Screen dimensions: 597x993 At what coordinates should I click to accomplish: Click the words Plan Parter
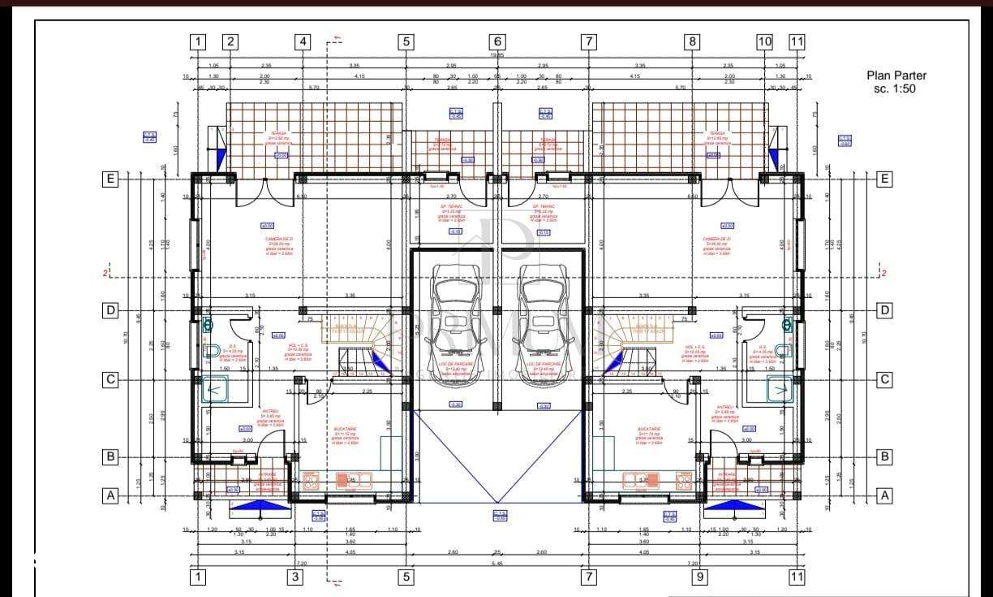coord(896,76)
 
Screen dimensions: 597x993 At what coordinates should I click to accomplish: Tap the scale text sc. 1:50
coord(895,89)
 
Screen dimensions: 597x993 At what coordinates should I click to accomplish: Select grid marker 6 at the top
coord(498,41)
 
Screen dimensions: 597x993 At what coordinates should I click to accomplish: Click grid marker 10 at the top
coord(764,41)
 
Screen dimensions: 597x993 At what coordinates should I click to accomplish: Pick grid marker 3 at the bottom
coord(295,577)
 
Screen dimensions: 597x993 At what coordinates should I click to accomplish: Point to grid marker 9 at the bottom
coord(699,577)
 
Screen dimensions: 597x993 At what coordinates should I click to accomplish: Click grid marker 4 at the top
coord(303,41)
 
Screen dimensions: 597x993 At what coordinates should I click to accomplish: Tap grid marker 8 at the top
coord(691,41)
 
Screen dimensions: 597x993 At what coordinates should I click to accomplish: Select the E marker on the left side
coord(110,180)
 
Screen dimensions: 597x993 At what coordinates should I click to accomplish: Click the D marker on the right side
coord(885,310)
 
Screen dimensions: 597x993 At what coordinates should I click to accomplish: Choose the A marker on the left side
coord(110,495)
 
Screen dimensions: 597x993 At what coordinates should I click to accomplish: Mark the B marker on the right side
coord(885,456)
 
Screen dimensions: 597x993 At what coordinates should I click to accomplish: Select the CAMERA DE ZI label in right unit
coord(717,240)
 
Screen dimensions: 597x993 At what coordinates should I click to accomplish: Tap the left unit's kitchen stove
coord(345,479)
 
